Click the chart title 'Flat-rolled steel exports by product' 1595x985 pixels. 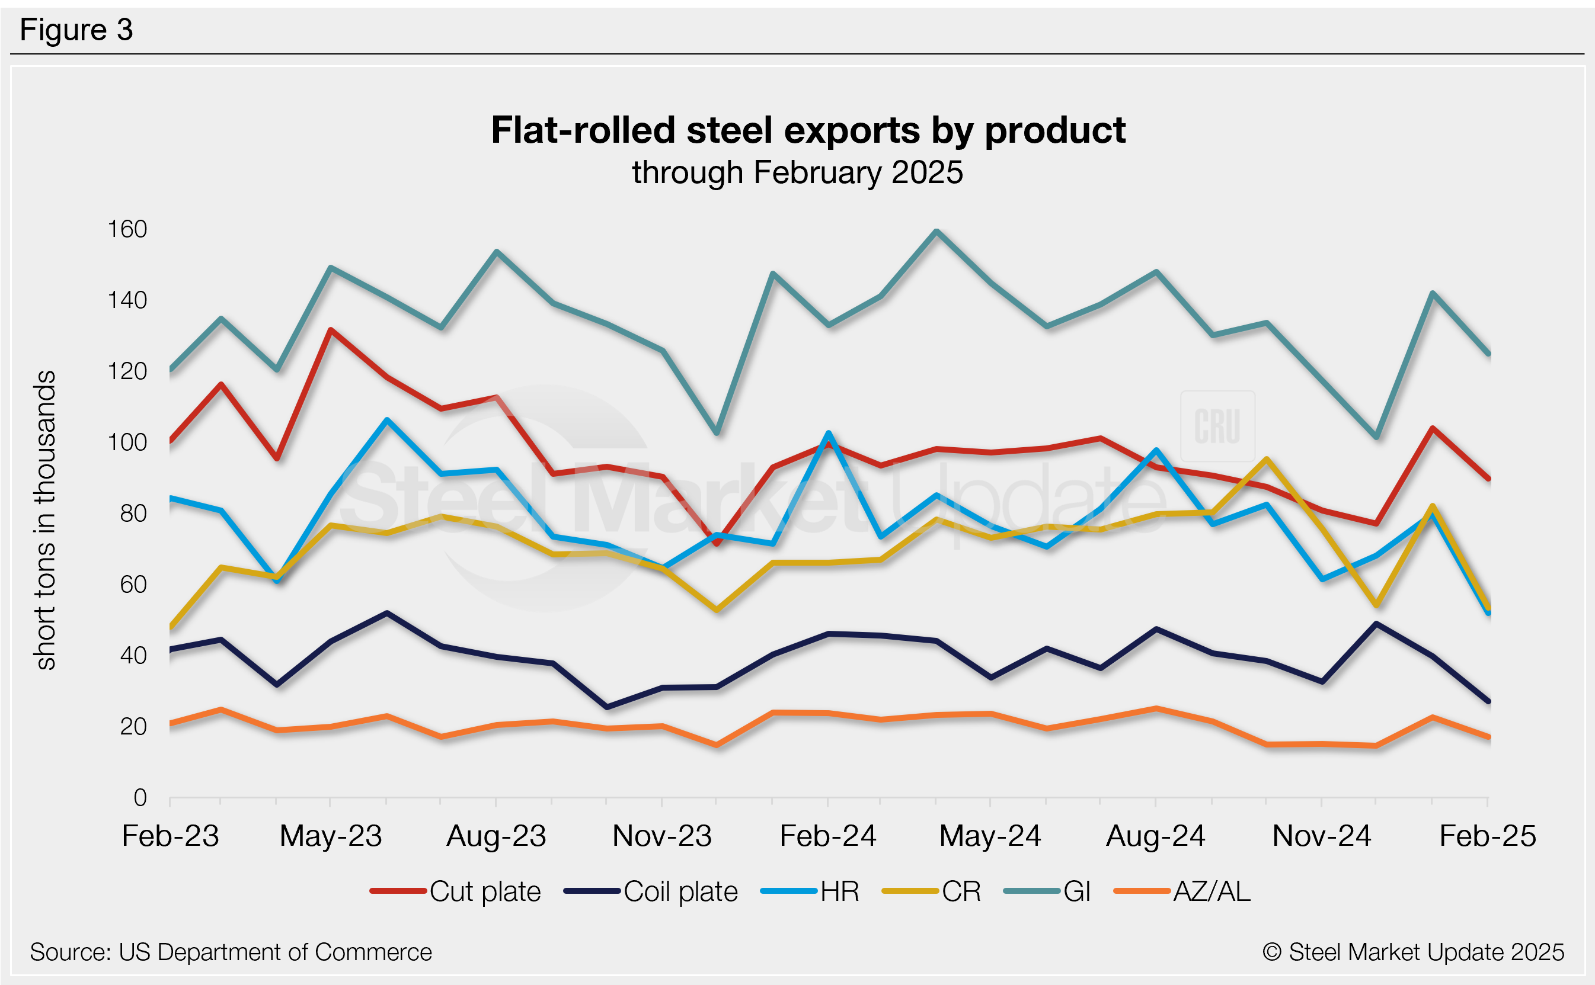(x=808, y=130)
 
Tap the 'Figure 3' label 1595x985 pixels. (x=76, y=30)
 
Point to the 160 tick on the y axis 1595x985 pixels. (x=128, y=229)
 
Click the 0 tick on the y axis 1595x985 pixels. (x=140, y=797)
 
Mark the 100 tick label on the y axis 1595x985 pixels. (x=128, y=442)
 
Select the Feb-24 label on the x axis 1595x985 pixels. (x=828, y=836)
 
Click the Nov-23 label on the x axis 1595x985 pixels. (x=662, y=836)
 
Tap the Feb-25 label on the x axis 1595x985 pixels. (x=1488, y=836)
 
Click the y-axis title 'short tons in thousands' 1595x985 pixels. (x=46, y=520)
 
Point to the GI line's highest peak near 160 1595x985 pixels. (x=936, y=231)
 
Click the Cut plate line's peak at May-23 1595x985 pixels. (x=331, y=331)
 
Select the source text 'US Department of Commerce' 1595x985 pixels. (x=275, y=952)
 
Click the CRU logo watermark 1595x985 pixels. (x=1217, y=426)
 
